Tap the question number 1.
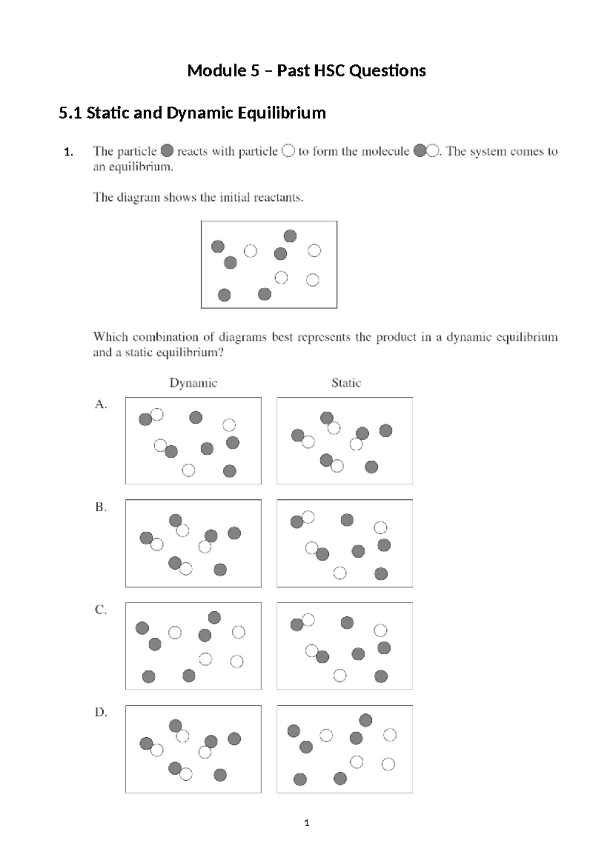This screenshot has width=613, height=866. (x=68, y=152)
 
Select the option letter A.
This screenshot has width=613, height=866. (x=101, y=404)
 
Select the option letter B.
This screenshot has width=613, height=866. (x=101, y=507)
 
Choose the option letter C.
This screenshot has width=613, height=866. (x=101, y=610)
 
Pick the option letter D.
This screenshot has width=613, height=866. (x=101, y=712)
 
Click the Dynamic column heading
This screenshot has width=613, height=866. (x=193, y=383)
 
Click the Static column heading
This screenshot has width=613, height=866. (x=346, y=383)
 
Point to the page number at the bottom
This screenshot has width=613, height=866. (x=306, y=823)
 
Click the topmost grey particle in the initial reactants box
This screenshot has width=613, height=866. (x=290, y=236)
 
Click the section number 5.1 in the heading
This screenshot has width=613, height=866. (x=70, y=113)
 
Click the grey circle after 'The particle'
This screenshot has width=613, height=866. (x=167, y=151)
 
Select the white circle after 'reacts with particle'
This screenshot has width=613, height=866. (x=288, y=151)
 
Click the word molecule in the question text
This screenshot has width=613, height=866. (x=386, y=152)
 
